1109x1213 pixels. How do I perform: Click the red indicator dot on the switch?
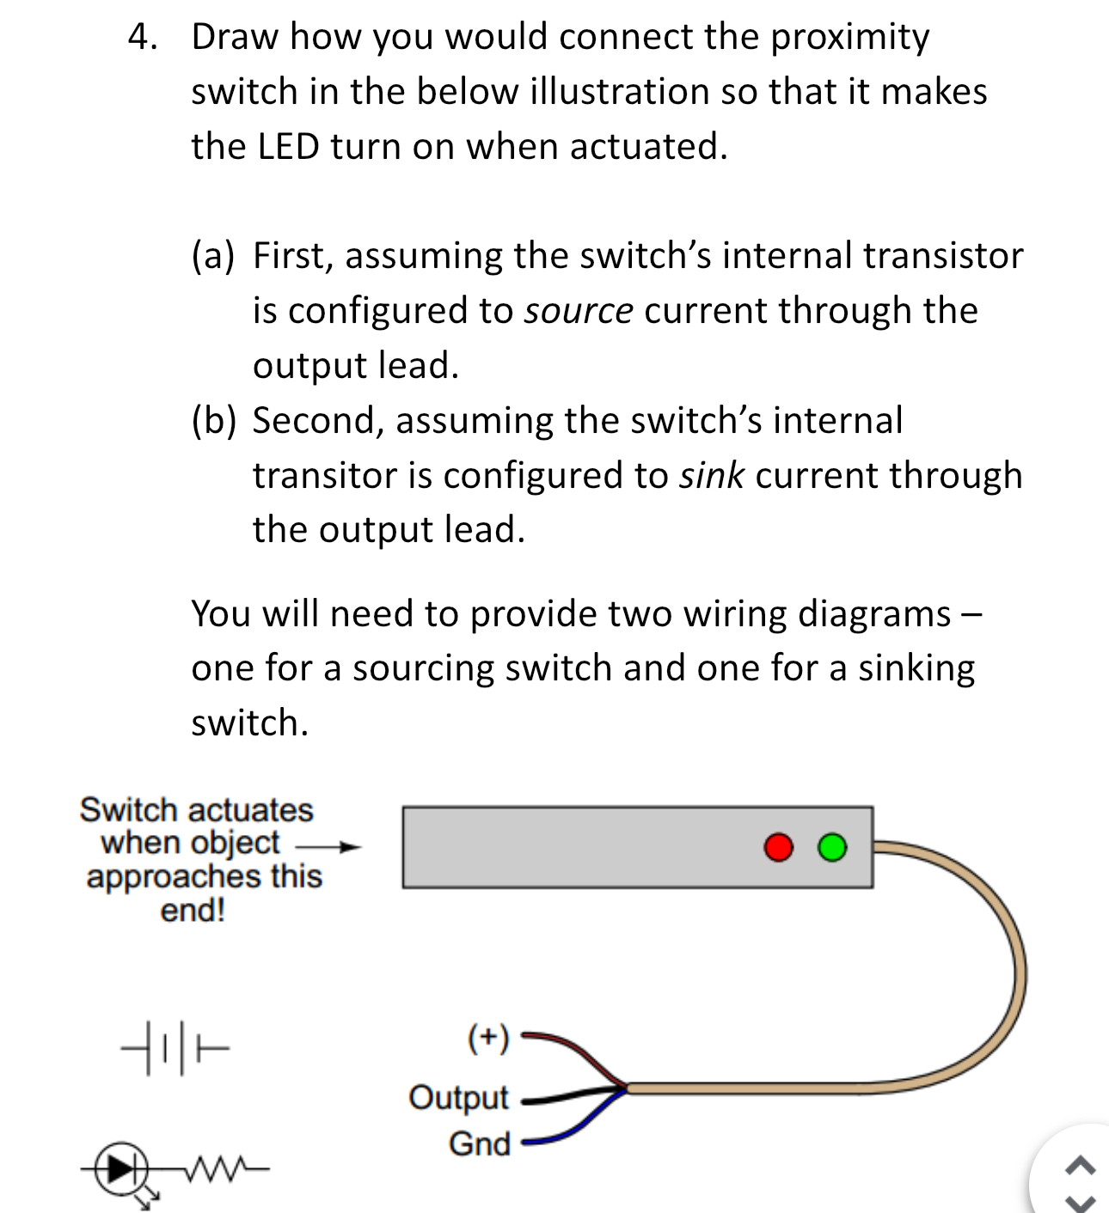[x=778, y=847]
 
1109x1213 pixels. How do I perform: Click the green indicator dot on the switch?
[x=831, y=847]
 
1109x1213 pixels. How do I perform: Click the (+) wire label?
[x=487, y=1038]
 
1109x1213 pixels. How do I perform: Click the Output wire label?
[x=458, y=1097]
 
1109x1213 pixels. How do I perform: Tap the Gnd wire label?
[x=479, y=1143]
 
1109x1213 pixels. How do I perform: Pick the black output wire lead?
[x=550, y=1097]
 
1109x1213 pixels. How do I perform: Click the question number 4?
[x=143, y=37]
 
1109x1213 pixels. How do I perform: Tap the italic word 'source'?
[x=579, y=310]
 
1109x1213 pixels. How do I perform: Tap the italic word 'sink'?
[x=711, y=475]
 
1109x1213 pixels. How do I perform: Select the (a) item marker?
[x=212, y=256]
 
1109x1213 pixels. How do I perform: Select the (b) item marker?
[x=213, y=421]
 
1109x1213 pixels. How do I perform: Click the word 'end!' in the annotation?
[x=193, y=910]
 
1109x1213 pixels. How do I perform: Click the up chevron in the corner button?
[x=1081, y=1166]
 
